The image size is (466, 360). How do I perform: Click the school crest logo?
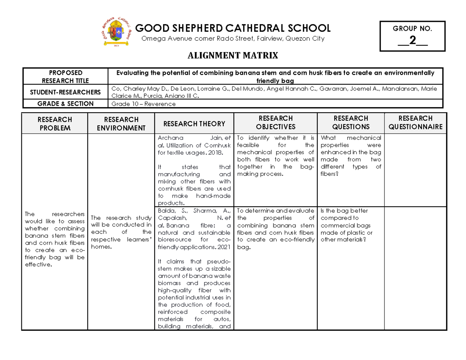(116, 31)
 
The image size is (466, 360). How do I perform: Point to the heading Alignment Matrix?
(233, 56)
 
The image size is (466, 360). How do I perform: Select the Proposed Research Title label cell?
(65, 77)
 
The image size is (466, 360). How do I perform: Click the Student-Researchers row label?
(65, 92)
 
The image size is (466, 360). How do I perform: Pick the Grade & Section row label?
(65, 104)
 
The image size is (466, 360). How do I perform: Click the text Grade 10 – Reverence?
(143, 104)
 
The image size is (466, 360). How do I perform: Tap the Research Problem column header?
(55, 123)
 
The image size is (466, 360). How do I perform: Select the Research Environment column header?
(121, 123)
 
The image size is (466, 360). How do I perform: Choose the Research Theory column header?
(194, 124)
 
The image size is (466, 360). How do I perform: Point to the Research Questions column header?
(351, 122)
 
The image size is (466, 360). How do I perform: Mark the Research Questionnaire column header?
(416, 122)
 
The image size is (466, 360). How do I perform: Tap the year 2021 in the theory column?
(224, 247)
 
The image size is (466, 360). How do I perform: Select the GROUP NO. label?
(412, 28)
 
